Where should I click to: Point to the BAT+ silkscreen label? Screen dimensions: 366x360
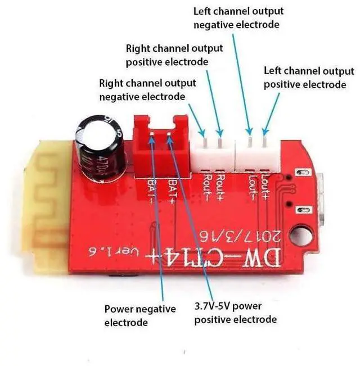[x=173, y=189]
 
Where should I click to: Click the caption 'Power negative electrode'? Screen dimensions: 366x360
[x=140, y=315]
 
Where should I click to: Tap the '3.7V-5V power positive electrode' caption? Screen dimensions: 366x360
[x=235, y=314]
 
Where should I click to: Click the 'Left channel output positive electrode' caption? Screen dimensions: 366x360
[x=309, y=78]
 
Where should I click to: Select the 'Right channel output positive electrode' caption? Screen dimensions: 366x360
[x=174, y=55]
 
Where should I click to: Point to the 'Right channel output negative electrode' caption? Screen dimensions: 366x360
[x=147, y=89]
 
